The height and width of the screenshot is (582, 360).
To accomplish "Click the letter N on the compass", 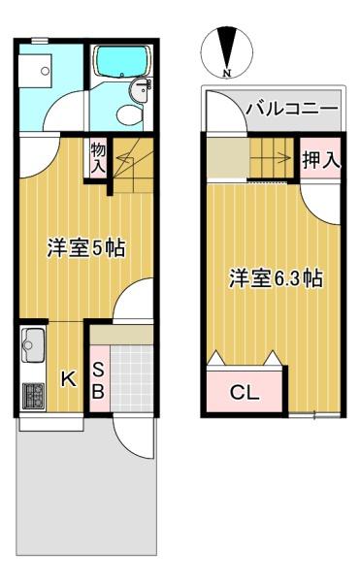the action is click(x=227, y=73).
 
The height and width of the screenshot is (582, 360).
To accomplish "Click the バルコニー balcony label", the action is click(x=292, y=109).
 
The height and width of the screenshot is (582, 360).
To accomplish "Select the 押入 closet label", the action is click(x=321, y=160).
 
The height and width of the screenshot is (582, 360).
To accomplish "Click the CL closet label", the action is click(x=245, y=392).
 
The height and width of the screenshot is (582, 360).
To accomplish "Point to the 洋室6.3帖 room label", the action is click(x=276, y=278).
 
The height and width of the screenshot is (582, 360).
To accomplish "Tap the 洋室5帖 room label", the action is click(x=86, y=248).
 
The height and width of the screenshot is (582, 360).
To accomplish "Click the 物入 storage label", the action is click(x=98, y=158).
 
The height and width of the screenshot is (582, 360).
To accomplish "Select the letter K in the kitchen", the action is click(x=69, y=379).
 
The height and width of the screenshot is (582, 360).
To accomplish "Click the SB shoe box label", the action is click(x=98, y=380).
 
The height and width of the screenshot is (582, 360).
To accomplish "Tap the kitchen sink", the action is click(x=33, y=345).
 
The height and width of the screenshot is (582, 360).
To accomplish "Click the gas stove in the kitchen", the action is click(x=33, y=396).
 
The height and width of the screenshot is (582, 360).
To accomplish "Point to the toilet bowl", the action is click(x=129, y=114).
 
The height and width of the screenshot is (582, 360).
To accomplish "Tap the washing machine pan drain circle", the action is click(x=45, y=71).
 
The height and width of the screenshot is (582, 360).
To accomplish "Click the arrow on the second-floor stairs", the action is click(x=272, y=158).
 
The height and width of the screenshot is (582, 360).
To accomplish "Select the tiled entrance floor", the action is click(x=132, y=378).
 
